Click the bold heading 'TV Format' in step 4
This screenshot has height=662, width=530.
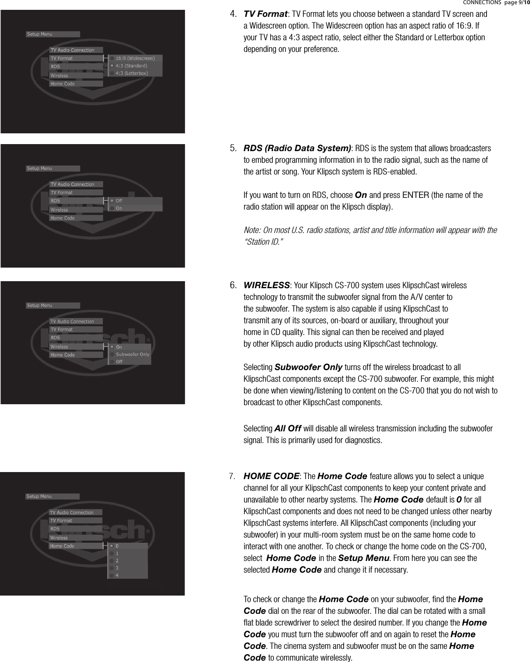(x=265, y=14)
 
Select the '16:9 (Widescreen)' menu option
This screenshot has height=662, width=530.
(x=135, y=58)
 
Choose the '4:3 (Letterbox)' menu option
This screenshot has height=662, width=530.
(x=132, y=73)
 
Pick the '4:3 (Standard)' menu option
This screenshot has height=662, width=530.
(x=131, y=66)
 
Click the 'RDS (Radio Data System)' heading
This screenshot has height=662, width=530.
(x=297, y=148)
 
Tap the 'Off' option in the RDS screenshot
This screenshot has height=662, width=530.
(x=119, y=201)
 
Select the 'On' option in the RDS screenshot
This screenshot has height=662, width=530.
(x=119, y=208)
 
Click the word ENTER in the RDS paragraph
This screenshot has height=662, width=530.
(x=415, y=195)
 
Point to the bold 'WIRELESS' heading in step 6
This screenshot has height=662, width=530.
(x=266, y=285)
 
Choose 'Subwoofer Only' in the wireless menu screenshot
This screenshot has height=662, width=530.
(x=132, y=354)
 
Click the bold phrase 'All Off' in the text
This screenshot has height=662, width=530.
(x=287, y=429)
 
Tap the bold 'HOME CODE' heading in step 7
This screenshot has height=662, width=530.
(x=272, y=476)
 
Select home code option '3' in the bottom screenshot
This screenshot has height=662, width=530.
(x=117, y=568)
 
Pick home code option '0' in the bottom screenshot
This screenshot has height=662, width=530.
(x=117, y=546)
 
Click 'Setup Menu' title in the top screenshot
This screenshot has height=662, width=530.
(x=40, y=34)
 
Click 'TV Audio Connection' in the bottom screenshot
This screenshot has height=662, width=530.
(x=72, y=512)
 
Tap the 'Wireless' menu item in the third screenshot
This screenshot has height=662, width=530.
(x=59, y=347)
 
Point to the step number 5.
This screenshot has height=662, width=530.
(x=233, y=149)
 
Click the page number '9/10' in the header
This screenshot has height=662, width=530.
(x=523, y=3)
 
